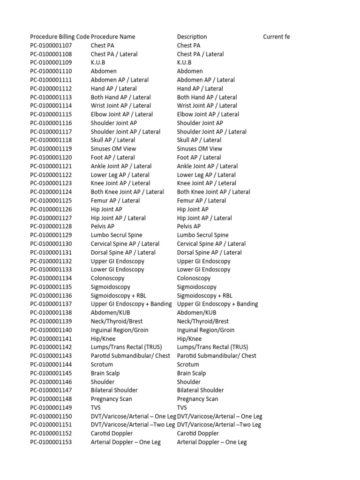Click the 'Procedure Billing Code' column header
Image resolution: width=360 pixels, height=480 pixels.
point(60,37)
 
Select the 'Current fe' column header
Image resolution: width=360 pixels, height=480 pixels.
point(277,37)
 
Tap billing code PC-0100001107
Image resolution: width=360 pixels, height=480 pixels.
point(51,45)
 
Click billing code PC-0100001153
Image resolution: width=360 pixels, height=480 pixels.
point(51,442)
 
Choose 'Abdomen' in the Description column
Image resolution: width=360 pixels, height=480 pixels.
point(190,71)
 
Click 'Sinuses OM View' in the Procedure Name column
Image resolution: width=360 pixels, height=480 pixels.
point(113,149)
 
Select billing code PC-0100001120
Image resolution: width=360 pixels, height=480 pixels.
point(51,157)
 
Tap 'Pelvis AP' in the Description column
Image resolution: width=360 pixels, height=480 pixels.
point(189,226)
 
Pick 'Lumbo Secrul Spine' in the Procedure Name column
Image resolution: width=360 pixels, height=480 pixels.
point(117,235)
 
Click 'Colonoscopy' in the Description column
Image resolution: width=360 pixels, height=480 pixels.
point(194,278)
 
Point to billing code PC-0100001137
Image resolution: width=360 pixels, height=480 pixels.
point(51,304)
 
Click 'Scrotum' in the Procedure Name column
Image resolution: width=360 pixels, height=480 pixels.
point(102,364)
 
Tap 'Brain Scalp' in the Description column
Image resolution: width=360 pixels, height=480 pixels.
point(191,373)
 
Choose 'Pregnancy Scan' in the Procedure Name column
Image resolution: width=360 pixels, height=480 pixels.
point(112,399)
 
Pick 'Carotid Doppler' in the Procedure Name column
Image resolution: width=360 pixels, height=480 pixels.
point(112,434)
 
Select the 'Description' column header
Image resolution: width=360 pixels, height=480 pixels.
point(192,37)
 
